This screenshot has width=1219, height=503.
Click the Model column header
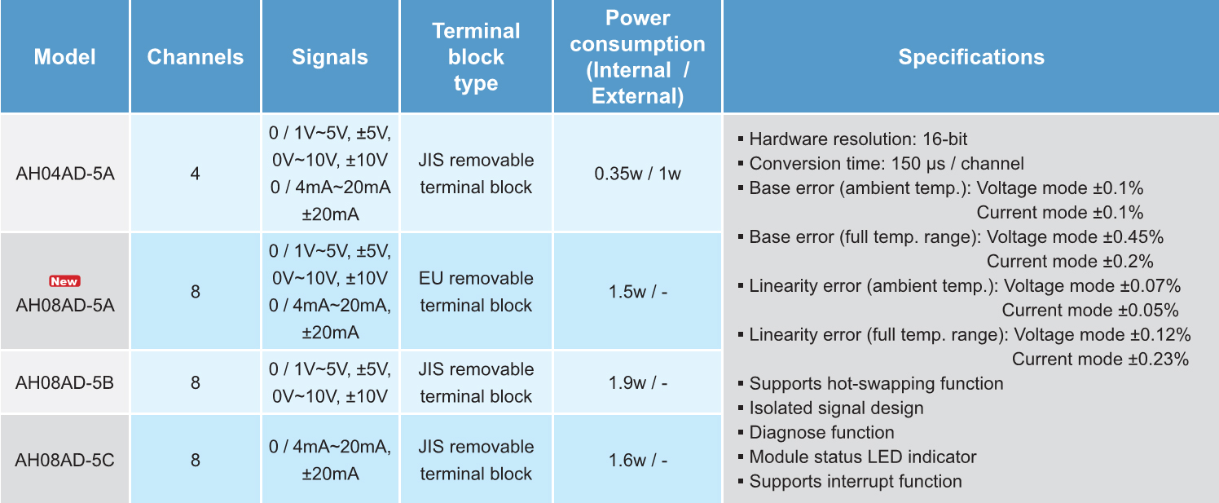64,57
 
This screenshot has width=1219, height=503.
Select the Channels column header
196,57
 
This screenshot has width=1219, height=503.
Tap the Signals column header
330,57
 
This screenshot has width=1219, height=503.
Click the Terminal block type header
476,57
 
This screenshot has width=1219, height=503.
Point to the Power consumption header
638,57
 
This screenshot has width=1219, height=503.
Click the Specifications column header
971,57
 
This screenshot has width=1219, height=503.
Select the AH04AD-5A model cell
64,174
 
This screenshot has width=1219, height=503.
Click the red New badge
64,281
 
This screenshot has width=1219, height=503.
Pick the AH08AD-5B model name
64,382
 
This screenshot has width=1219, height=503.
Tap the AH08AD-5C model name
64,460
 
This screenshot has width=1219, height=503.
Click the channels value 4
196,174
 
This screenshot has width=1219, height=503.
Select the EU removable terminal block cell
476,292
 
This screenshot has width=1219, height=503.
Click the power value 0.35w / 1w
638,174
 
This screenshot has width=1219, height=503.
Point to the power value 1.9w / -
638,382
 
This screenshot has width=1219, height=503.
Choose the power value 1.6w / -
638,460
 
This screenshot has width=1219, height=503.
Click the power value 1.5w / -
638,292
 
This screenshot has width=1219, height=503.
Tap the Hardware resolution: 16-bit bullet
853,139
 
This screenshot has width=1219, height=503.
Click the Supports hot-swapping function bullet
871,383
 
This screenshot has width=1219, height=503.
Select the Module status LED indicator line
857,457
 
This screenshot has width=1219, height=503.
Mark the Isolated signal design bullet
831,408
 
